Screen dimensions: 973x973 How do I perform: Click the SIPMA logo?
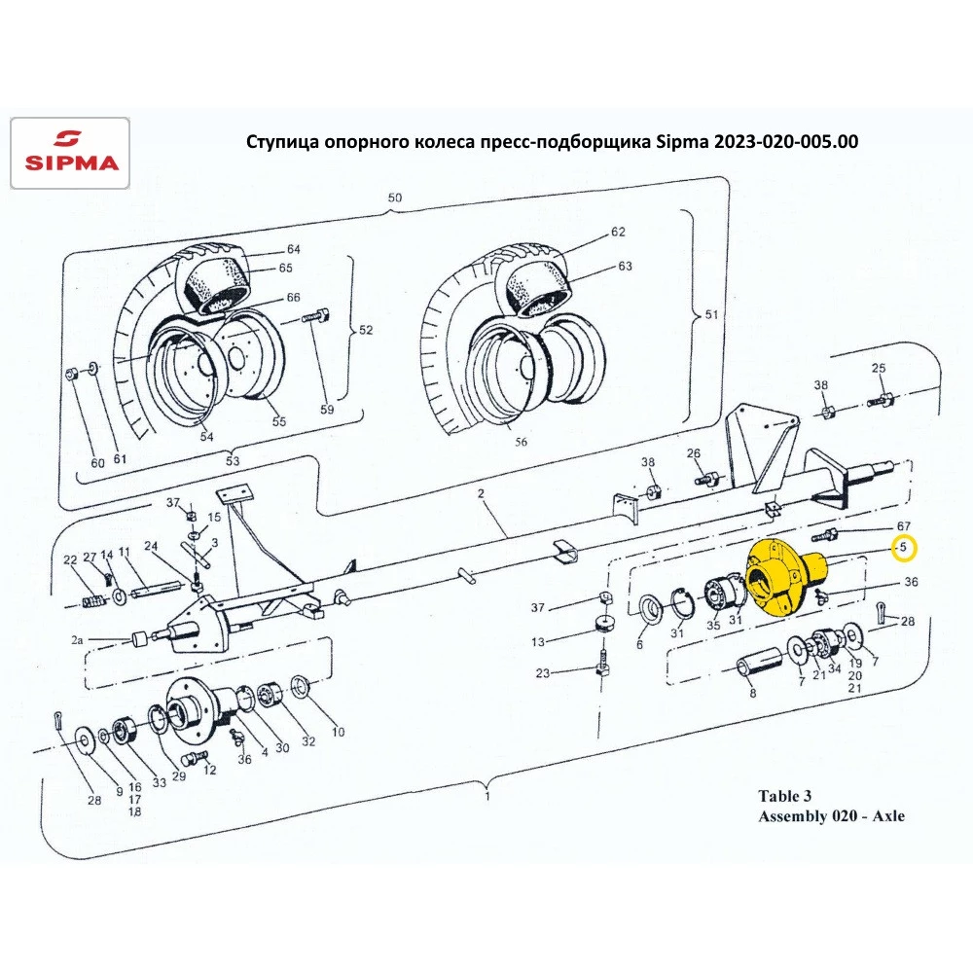click(69, 152)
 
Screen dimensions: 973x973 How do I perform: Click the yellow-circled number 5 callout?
click(904, 549)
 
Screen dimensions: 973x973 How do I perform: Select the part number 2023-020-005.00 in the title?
click(785, 141)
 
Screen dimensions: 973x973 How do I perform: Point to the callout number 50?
click(394, 198)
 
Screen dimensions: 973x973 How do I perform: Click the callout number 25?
click(879, 368)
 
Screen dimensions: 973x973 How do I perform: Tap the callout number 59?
click(327, 410)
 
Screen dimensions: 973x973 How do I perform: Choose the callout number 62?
click(618, 233)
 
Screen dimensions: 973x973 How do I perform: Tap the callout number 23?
click(542, 673)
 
